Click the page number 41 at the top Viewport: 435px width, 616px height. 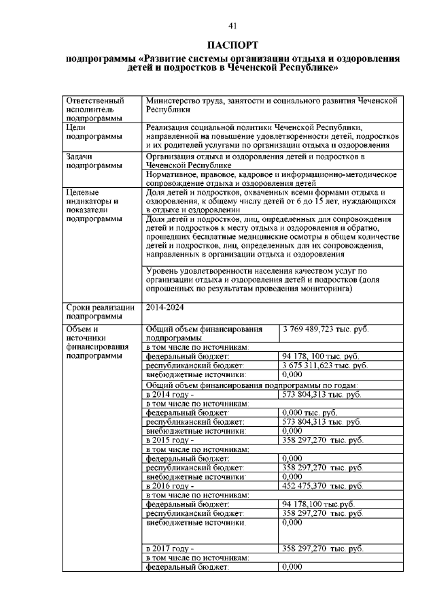[232, 26]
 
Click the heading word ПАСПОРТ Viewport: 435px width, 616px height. [232, 46]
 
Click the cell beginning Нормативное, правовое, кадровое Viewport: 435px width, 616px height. [271, 178]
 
